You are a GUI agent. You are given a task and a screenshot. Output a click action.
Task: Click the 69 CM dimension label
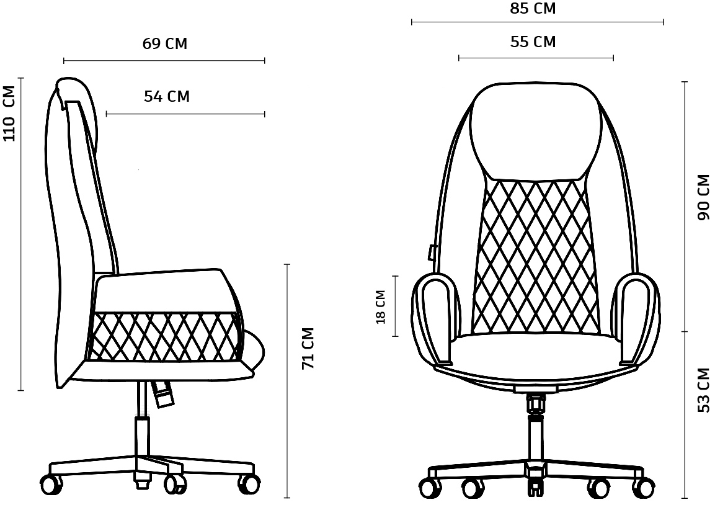click(164, 44)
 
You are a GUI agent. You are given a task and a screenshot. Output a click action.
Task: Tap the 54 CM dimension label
click(167, 97)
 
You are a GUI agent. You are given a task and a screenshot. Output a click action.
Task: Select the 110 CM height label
click(9, 113)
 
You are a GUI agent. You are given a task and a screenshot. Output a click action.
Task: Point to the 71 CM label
click(309, 348)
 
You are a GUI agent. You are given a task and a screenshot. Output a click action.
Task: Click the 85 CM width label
click(533, 9)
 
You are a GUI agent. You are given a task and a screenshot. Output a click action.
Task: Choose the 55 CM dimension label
click(533, 42)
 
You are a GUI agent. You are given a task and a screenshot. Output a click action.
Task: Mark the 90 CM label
click(704, 197)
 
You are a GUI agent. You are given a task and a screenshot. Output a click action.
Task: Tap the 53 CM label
click(704, 390)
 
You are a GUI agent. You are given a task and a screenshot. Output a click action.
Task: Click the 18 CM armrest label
click(381, 306)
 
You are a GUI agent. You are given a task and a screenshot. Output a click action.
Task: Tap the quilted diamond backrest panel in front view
click(535, 256)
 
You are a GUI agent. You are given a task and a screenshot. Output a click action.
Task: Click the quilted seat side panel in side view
click(164, 336)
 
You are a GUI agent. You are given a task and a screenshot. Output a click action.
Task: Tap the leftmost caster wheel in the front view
click(430, 488)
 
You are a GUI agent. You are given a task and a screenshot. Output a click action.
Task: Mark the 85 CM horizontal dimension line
click(538, 22)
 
